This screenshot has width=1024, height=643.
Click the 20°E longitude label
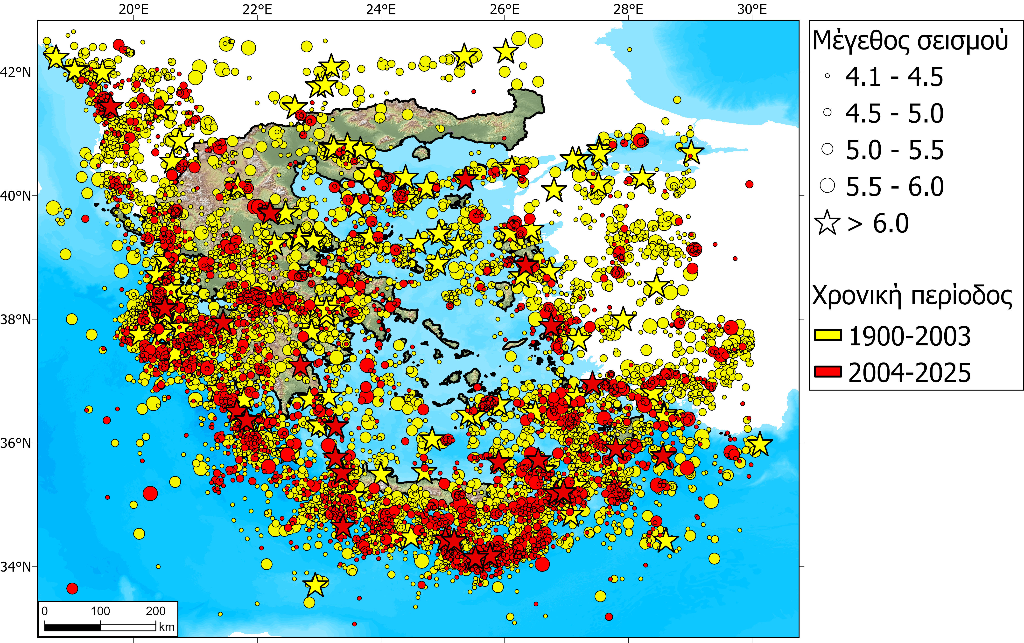point(133,9)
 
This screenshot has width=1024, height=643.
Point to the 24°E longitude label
point(381,9)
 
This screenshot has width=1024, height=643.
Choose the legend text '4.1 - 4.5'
point(894,77)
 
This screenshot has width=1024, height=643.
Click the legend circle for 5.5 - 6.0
point(828,186)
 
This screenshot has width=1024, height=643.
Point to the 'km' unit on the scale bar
point(167,627)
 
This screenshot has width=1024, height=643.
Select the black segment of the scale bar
point(72,627)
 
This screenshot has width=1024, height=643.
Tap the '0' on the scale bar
point(45,611)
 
